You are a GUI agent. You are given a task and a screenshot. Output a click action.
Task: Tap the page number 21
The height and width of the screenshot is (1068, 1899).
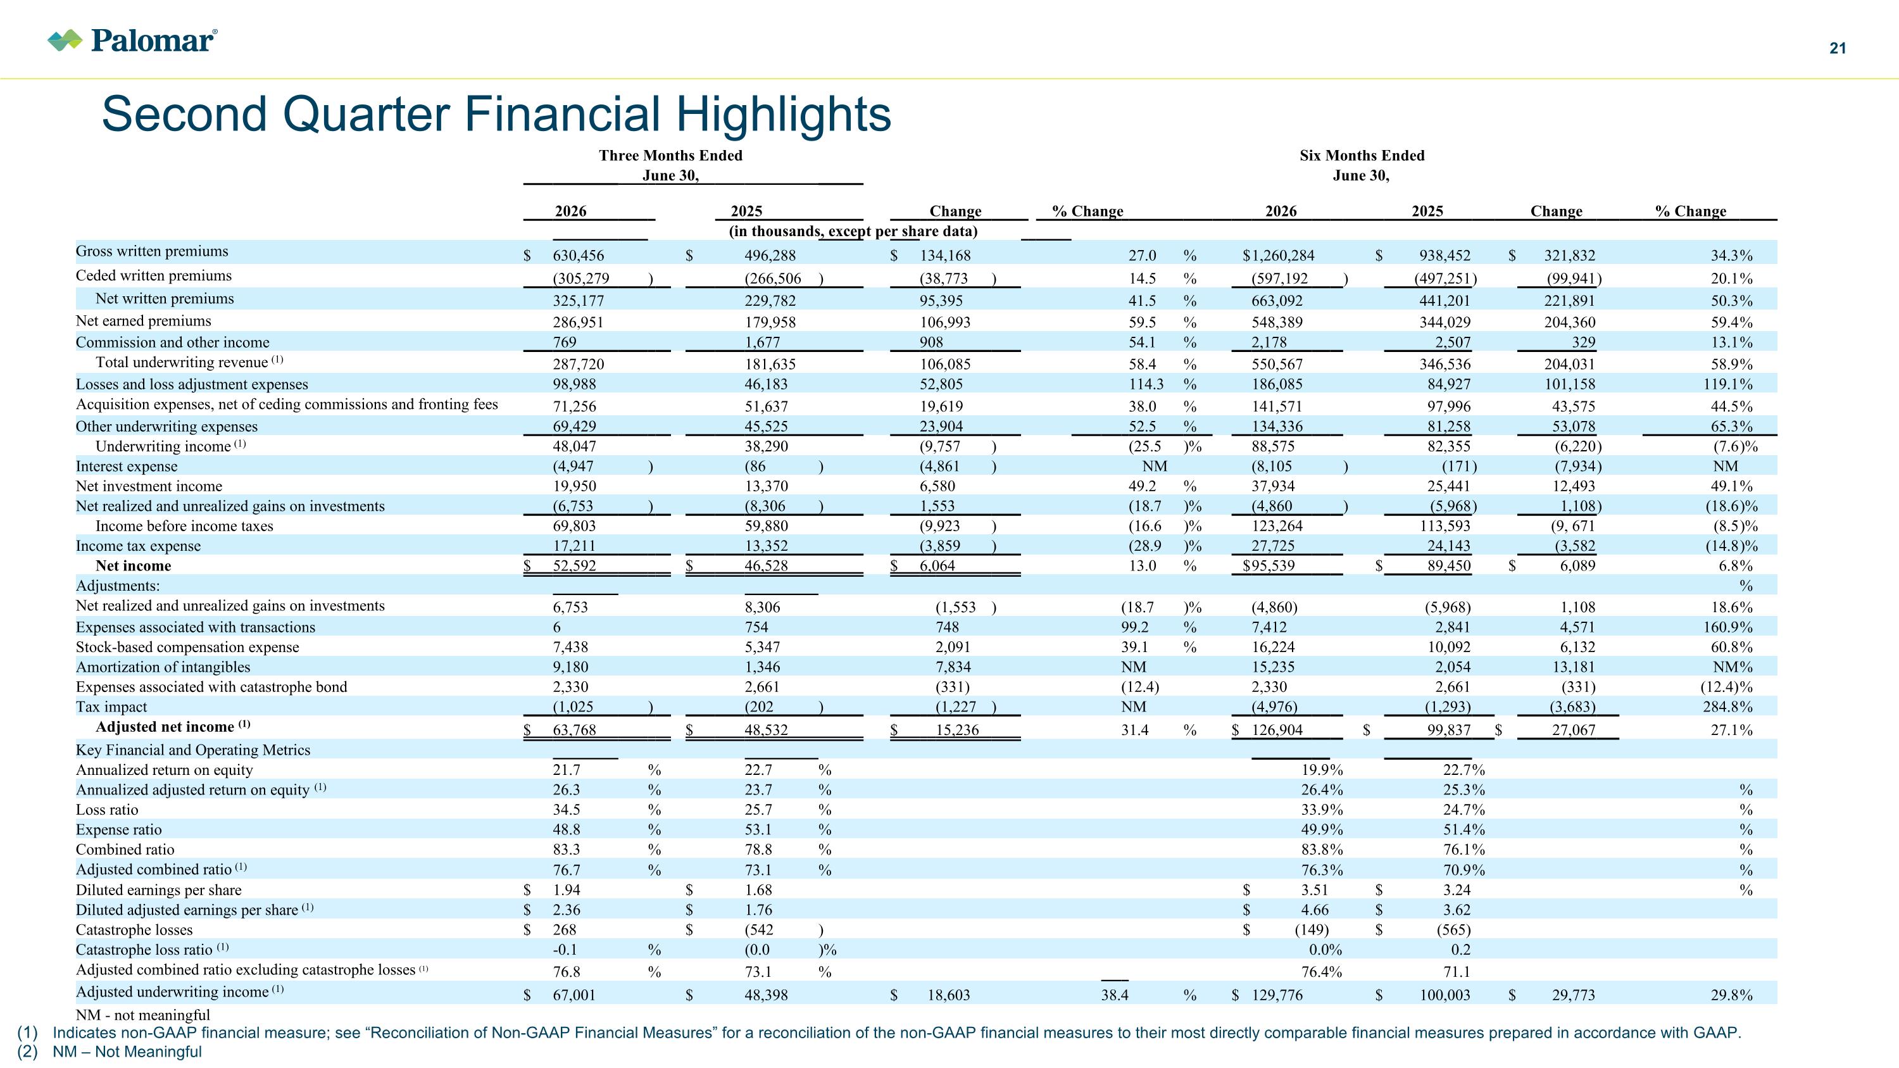1838,49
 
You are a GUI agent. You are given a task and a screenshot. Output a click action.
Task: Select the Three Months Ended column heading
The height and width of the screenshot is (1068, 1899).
670,156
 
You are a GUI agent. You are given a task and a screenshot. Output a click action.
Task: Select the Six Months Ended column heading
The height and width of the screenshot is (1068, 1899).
1362,156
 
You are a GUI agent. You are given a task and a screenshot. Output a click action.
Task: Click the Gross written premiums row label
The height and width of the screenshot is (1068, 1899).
152,251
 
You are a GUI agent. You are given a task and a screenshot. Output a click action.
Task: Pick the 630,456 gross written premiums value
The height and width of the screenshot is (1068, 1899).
578,256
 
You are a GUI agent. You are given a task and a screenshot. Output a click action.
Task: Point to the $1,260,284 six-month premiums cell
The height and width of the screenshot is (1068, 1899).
1278,256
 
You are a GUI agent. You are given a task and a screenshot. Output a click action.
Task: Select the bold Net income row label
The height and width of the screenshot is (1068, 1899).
133,566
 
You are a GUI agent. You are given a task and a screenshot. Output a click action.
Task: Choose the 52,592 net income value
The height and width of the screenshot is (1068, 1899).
574,566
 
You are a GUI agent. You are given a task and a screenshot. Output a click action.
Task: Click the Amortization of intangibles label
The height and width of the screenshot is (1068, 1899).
163,667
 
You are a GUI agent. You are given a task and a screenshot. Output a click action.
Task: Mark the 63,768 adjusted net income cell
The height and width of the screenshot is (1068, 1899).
574,731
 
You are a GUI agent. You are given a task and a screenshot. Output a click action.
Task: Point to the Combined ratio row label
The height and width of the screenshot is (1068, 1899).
125,850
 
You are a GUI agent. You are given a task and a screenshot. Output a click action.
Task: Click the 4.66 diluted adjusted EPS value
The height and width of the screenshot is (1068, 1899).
1315,910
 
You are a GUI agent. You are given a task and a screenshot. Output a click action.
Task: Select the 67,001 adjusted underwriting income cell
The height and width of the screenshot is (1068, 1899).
573,995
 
